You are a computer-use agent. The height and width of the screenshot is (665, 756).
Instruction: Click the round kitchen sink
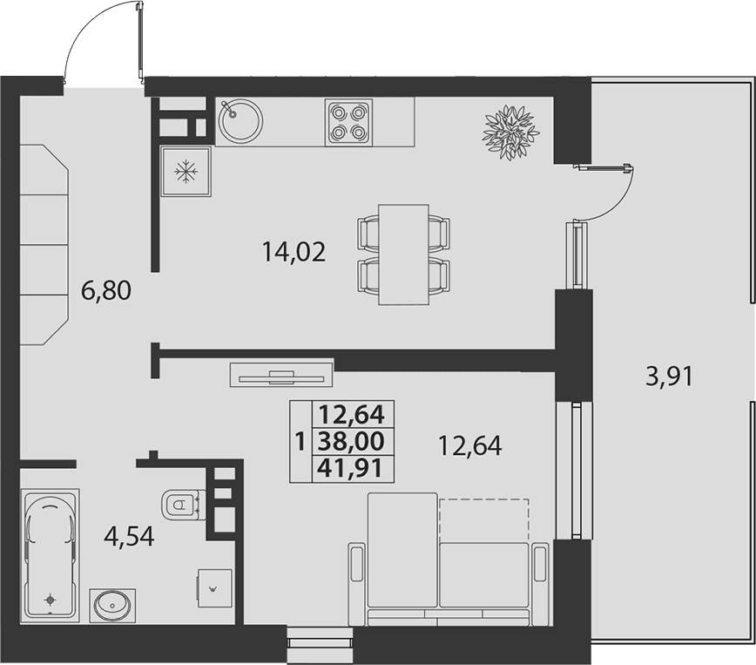click(240, 120)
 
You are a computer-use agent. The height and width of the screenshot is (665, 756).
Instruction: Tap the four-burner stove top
click(348, 122)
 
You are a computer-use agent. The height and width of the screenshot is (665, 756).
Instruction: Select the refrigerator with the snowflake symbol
click(186, 172)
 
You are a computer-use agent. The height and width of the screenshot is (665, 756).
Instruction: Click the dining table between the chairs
click(403, 254)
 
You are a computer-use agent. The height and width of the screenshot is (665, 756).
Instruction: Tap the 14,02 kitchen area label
click(294, 252)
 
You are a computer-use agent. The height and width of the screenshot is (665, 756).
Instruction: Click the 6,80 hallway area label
click(106, 291)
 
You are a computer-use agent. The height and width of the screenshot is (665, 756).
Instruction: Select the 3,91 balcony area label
click(669, 377)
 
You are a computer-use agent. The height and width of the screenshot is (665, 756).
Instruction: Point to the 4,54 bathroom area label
click(129, 536)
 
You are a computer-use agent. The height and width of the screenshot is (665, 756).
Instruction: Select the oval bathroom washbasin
click(112, 605)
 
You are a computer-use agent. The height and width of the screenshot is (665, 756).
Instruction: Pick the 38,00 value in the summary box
click(352, 441)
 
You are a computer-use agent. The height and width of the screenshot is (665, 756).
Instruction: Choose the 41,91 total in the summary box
click(352, 468)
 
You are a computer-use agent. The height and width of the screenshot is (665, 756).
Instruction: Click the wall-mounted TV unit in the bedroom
click(282, 375)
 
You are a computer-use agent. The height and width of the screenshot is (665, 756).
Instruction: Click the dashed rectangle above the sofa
click(484, 520)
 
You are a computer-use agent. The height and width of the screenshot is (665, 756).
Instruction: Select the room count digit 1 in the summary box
click(300, 441)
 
